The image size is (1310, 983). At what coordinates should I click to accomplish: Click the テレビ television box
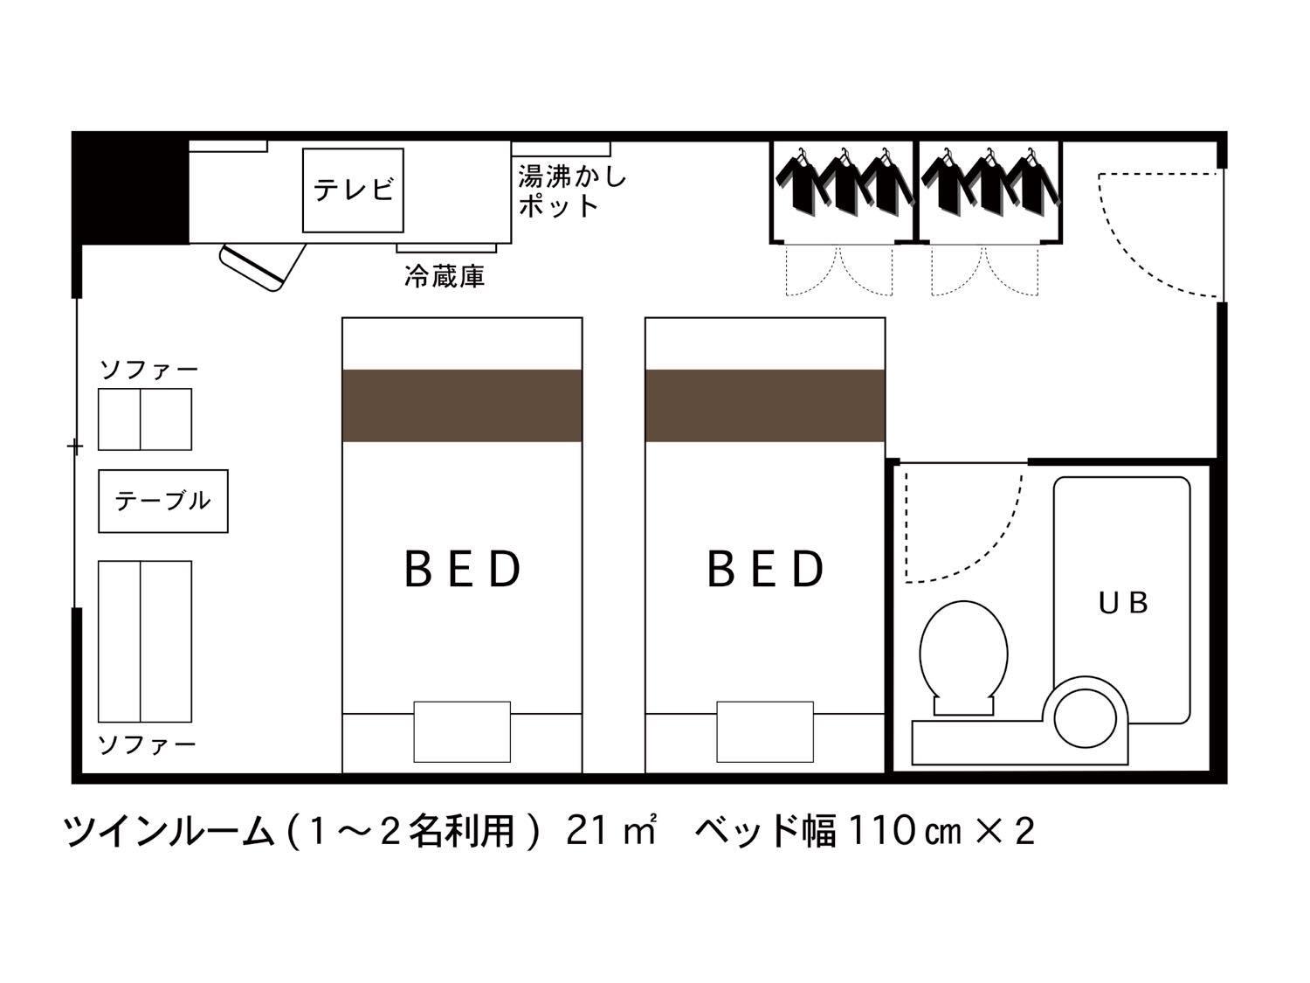[x=354, y=190]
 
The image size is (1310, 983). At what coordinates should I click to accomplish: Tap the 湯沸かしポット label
[x=572, y=191]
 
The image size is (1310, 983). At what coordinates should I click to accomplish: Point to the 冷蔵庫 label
[x=445, y=277]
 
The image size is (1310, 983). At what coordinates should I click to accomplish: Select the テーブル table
[x=163, y=501]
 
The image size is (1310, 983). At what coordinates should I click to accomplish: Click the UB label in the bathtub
[x=1123, y=602]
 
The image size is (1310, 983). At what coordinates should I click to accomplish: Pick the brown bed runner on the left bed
[x=462, y=405]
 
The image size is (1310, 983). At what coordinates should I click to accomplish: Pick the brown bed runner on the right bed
[x=765, y=405]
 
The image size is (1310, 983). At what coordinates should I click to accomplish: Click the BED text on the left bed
[x=462, y=569]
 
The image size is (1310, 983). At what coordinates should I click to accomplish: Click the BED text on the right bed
[x=765, y=569]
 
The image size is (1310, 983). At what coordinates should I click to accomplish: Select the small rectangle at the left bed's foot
[x=462, y=730]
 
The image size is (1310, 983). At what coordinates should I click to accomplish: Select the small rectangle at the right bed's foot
[x=765, y=730]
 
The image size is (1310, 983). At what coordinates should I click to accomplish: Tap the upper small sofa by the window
[x=145, y=419]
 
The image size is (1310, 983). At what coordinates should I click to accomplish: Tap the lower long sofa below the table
[x=145, y=640]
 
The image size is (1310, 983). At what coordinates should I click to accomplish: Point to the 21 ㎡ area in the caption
[x=610, y=830]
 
